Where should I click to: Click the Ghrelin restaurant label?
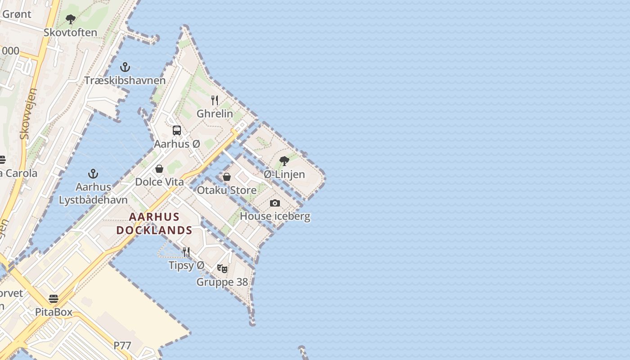(x=215, y=113)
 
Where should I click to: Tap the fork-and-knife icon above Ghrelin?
(x=215, y=100)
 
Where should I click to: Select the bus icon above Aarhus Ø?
(x=177, y=130)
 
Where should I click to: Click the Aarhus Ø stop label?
(x=177, y=144)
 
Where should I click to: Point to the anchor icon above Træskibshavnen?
(x=125, y=67)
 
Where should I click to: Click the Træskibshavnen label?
(x=125, y=81)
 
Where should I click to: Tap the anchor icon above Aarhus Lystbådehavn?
(x=93, y=173)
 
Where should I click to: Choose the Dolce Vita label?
(x=159, y=182)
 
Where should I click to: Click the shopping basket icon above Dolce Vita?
(x=159, y=169)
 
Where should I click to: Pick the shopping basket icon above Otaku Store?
(x=227, y=177)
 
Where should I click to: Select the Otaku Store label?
(x=227, y=190)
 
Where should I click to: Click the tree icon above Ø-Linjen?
(x=284, y=161)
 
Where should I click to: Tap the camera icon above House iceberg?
(x=275, y=203)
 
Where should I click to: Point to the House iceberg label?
(x=275, y=216)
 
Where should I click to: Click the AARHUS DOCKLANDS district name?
(x=154, y=224)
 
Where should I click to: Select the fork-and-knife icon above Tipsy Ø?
(x=186, y=252)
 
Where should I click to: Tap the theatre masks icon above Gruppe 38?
(x=222, y=269)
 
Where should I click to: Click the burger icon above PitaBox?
(x=54, y=299)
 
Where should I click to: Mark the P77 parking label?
(x=122, y=346)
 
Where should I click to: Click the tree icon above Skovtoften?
(x=70, y=19)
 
